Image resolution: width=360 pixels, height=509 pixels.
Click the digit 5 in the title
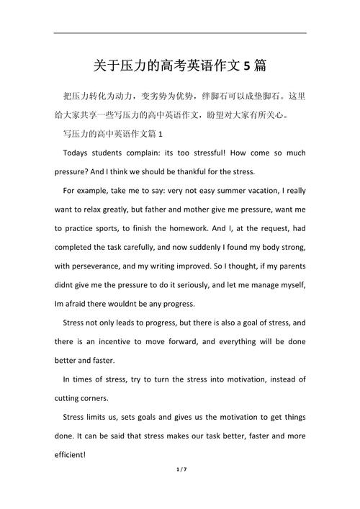click(x=247, y=66)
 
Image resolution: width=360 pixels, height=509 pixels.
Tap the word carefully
click(x=137, y=247)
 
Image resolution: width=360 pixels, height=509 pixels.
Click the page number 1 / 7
click(x=180, y=490)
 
